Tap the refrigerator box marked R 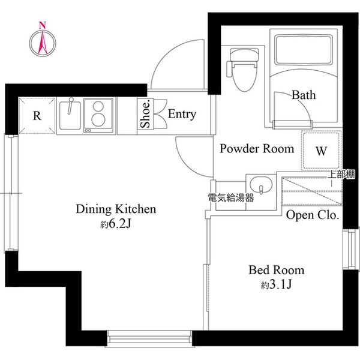[37, 116]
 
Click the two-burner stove [98, 115]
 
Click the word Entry [182, 114]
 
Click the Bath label [304, 95]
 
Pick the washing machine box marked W [321, 151]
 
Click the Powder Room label [256, 148]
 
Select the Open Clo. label [313, 215]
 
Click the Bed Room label [276, 270]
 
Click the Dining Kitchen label [116, 209]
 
